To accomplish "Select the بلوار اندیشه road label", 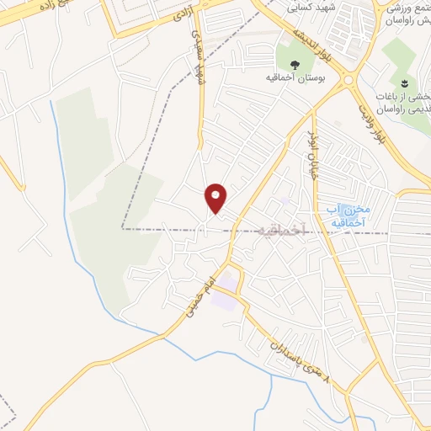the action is (x=311, y=46).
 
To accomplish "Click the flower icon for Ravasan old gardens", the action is (x=404, y=82).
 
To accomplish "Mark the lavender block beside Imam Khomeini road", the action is (x=224, y=297).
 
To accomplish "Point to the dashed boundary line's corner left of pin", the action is (x=123, y=228).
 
